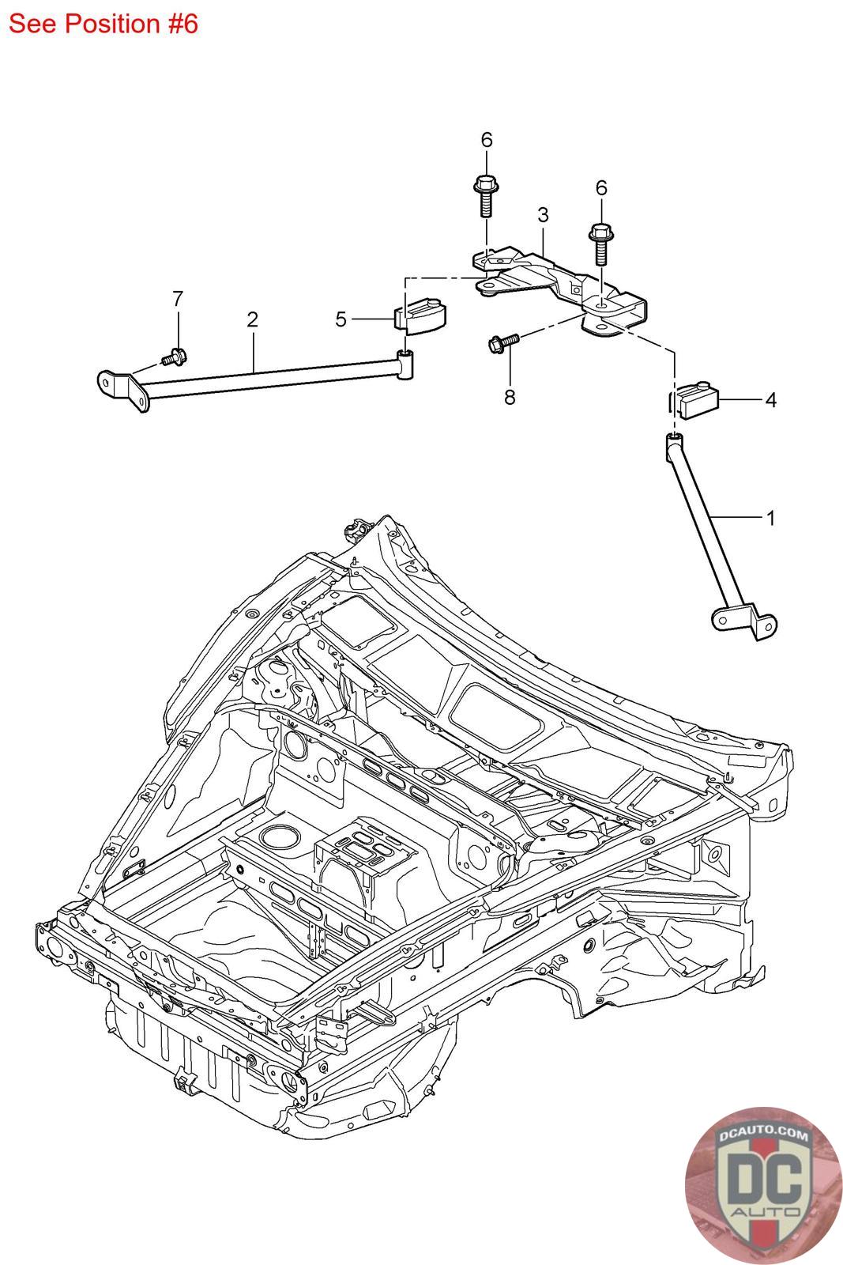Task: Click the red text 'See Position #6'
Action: coord(103,24)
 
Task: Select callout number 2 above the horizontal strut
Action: coord(252,319)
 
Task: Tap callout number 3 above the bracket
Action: coord(543,214)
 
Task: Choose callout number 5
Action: coord(341,319)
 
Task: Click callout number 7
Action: coord(178,298)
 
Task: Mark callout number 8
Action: coord(510,397)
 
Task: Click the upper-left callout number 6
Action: coord(487,139)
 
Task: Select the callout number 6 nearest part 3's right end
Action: coord(601,187)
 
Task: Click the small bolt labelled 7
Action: coord(174,357)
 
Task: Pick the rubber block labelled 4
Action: coord(697,399)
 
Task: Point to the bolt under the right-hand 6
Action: coord(601,244)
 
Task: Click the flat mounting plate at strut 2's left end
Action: coord(124,391)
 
